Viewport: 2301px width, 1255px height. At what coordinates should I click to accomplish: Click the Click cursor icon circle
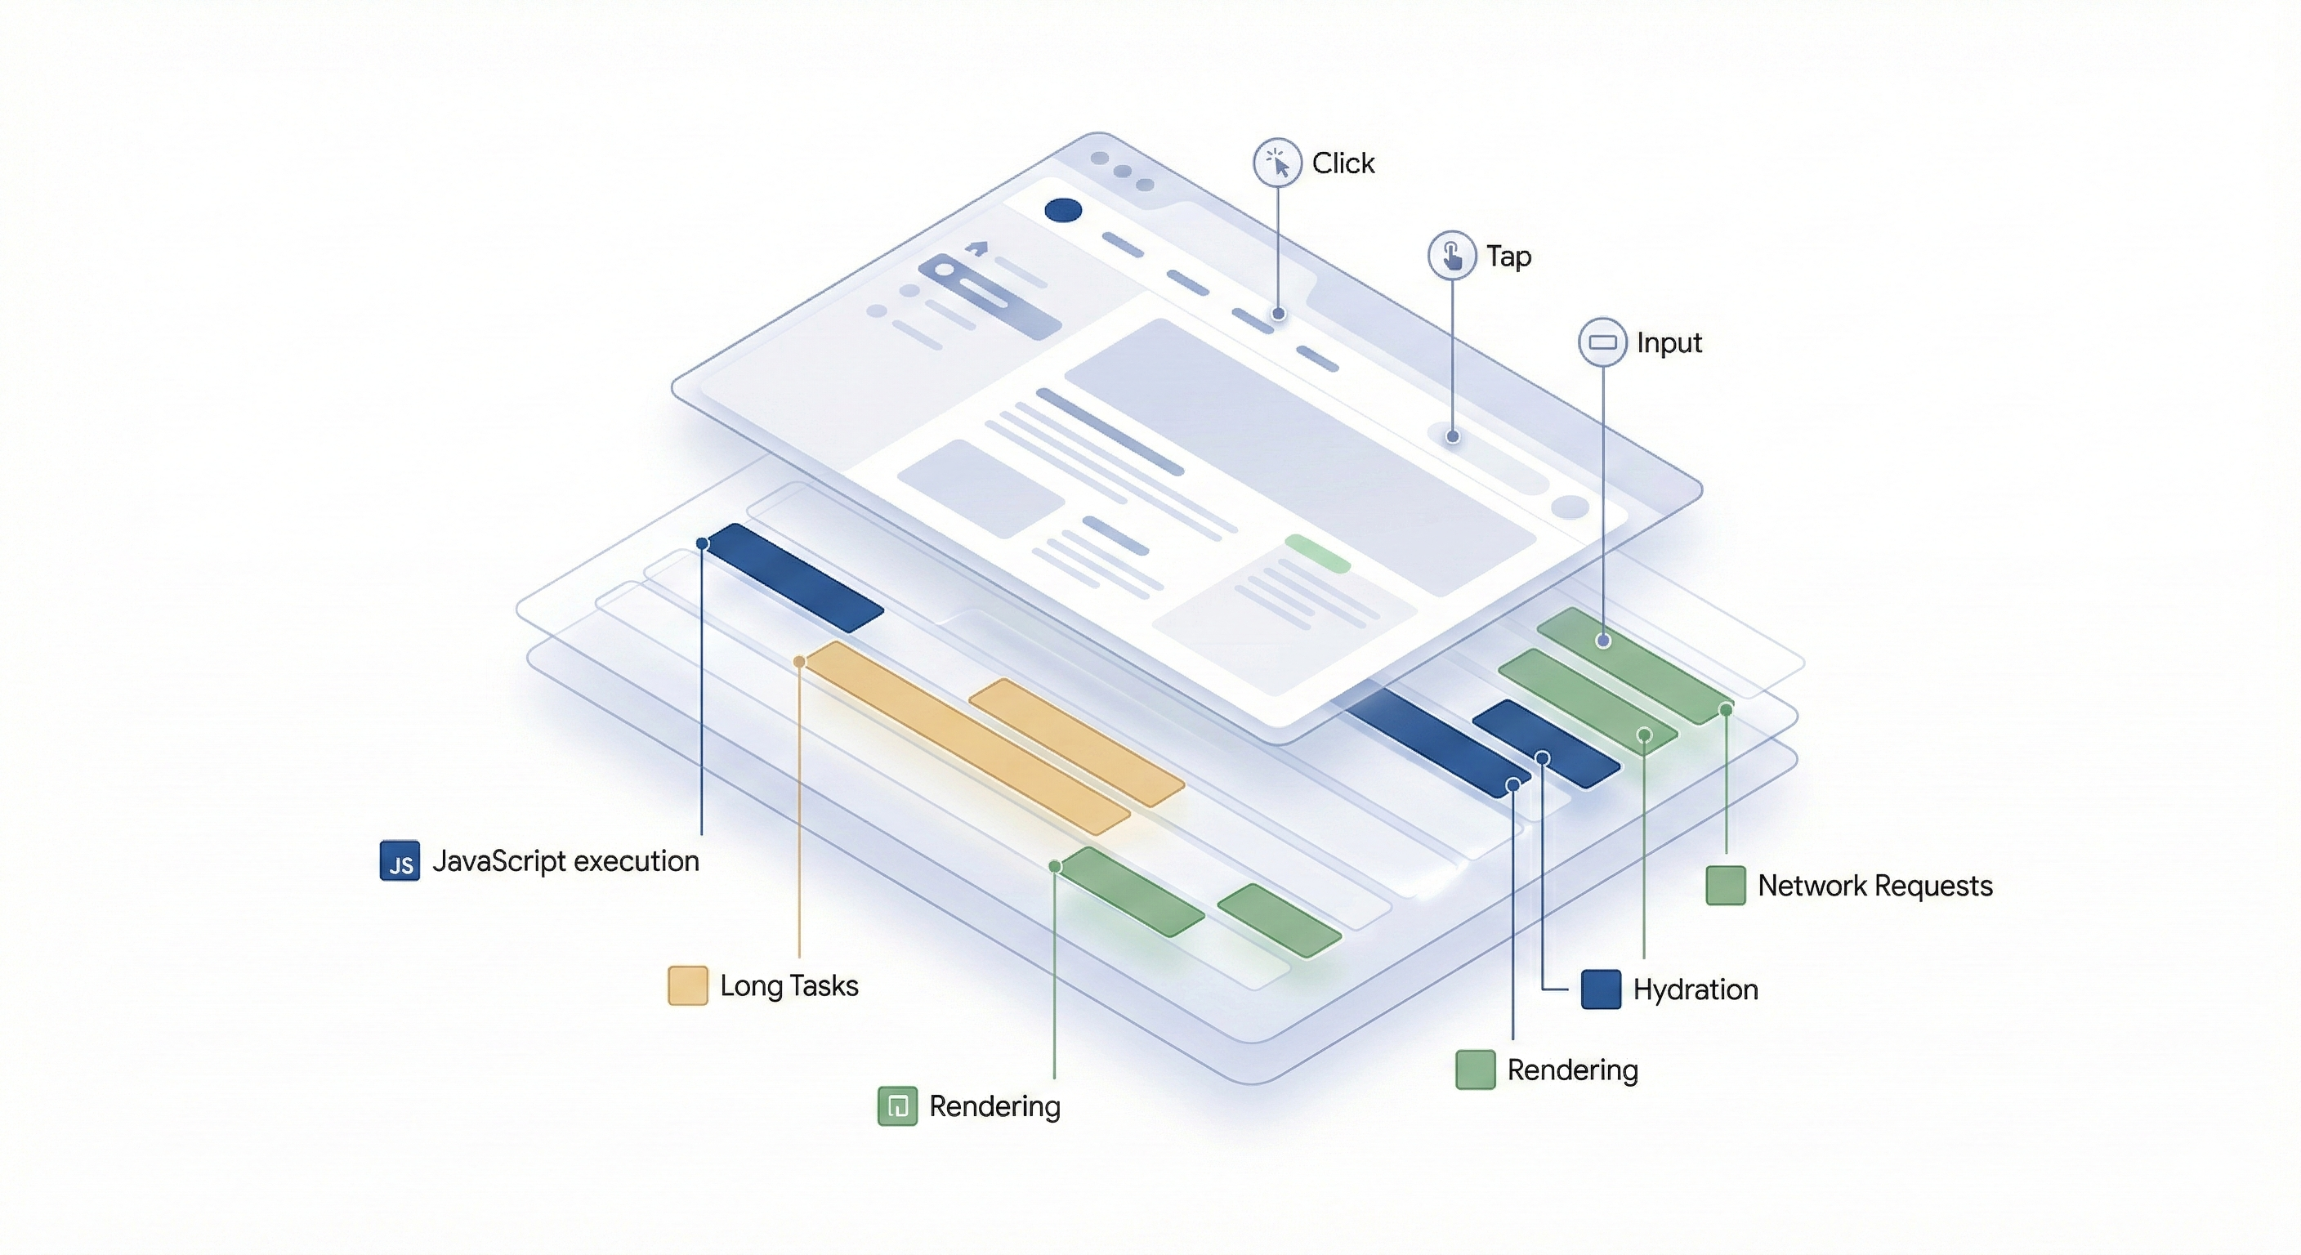1277,163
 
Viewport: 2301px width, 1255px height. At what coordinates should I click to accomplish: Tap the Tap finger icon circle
1451,256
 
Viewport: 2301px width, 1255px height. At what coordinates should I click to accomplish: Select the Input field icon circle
1602,342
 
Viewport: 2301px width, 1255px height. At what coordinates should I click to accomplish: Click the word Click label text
1343,163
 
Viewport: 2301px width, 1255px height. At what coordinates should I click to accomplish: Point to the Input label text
1669,343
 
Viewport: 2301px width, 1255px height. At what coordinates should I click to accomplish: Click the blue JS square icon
400,861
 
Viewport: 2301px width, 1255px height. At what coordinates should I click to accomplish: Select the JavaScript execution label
565,861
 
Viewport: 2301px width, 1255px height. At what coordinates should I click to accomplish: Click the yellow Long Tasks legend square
688,985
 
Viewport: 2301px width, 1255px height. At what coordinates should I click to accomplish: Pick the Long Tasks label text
789,985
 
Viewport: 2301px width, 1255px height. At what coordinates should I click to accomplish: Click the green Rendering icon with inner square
898,1105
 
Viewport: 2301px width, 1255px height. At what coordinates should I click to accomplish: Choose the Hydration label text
1695,989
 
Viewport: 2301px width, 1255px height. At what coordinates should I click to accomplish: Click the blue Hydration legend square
1601,989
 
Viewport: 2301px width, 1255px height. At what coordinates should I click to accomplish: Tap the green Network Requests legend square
1725,885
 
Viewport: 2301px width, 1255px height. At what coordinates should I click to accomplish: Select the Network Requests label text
1875,885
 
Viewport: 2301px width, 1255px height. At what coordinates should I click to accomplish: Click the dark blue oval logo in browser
1063,211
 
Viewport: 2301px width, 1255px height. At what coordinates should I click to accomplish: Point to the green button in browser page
1316,554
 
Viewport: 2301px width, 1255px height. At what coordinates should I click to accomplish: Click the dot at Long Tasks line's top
799,662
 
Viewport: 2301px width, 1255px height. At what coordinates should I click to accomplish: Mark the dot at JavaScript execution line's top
703,543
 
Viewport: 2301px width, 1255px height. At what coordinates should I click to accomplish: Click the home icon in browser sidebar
977,248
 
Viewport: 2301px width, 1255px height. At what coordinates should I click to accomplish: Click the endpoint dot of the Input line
1603,641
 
